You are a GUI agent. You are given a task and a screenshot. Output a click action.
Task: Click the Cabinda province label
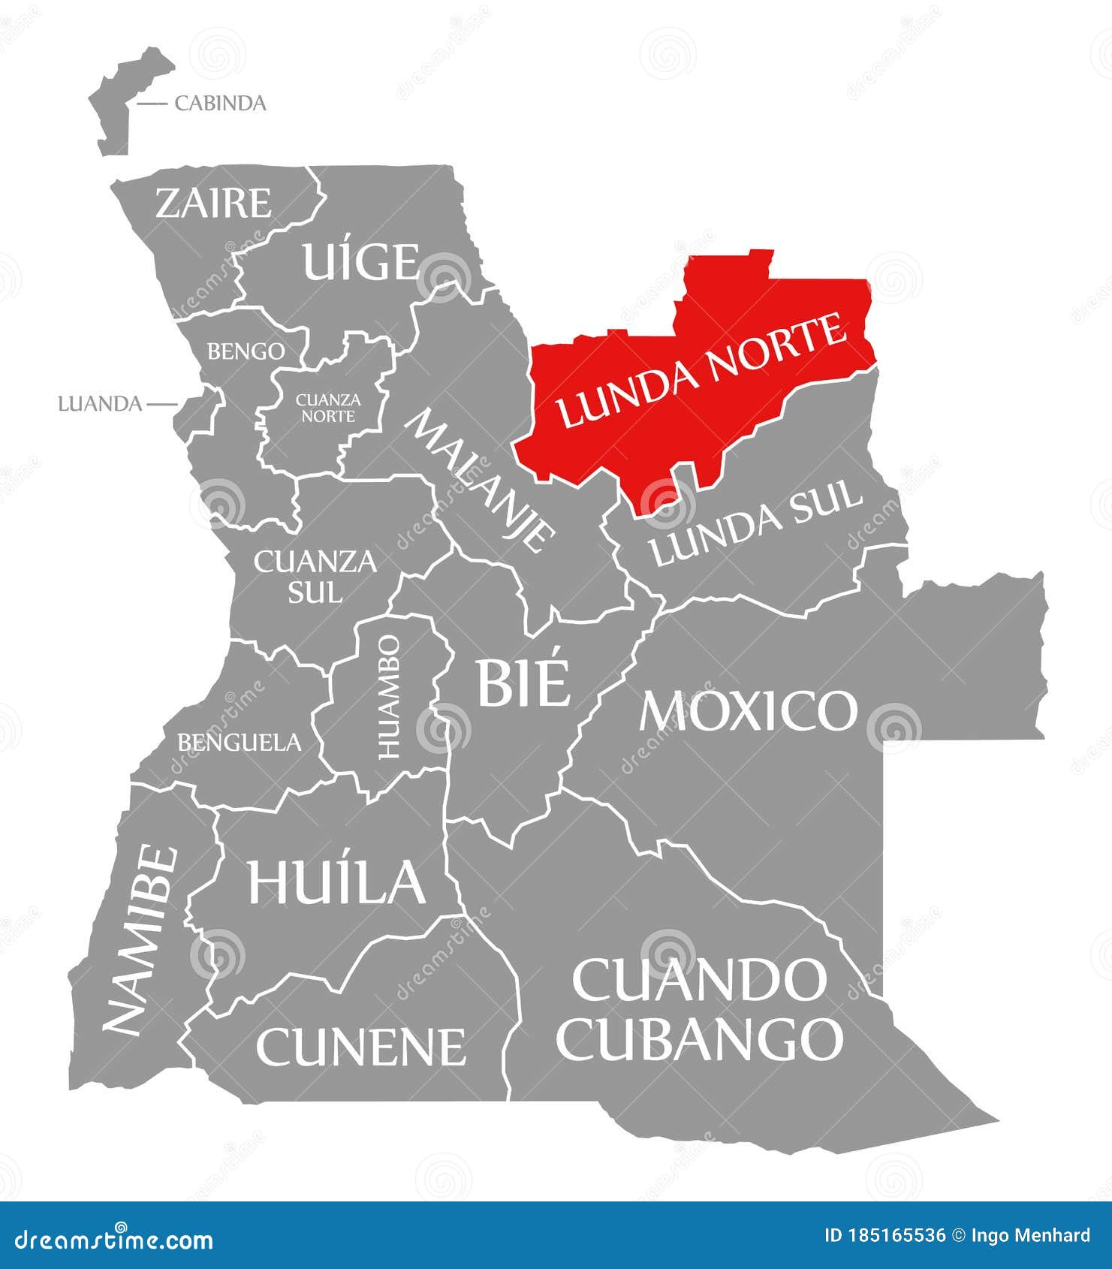[x=220, y=103]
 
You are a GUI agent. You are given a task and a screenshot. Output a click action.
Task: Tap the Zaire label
[x=213, y=203]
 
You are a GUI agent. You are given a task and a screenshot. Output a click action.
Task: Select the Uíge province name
[x=360, y=261]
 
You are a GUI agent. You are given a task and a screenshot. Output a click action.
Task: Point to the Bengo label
[x=246, y=351]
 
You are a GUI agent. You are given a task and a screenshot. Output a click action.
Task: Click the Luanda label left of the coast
[x=100, y=404]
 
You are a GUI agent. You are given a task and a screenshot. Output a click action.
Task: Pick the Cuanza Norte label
[x=328, y=407]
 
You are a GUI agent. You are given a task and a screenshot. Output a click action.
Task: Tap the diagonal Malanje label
[x=481, y=481]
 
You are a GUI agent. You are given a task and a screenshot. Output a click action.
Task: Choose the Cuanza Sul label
[x=315, y=576]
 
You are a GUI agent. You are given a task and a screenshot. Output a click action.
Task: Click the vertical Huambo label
[x=389, y=696]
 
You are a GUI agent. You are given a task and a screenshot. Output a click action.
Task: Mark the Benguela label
[x=239, y=743]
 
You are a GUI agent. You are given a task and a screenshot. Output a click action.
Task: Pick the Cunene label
[x=360, y=1046]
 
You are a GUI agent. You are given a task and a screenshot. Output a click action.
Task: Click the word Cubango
[x=699, y=1038]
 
